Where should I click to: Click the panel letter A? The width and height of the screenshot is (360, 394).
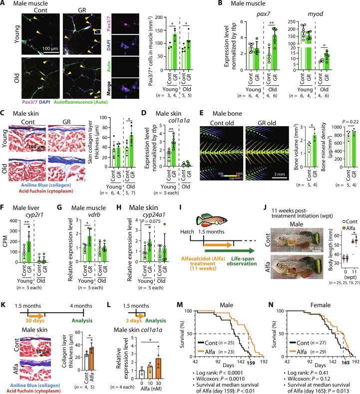(x=3, y=4)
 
